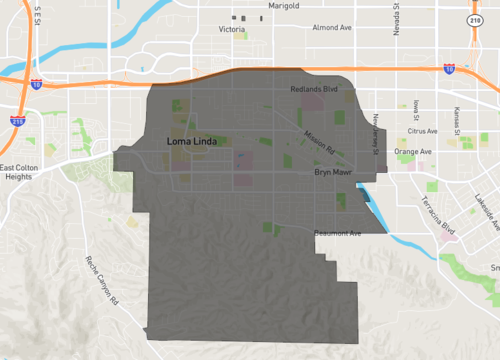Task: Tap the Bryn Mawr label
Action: (x=329, y=173)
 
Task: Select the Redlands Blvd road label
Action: (x=307, y=88)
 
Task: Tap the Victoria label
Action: (x=232, y=30)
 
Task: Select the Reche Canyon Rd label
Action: (x=104, y=281)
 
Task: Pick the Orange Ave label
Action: (x=412, y=152)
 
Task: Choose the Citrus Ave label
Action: (x=423, y=131)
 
